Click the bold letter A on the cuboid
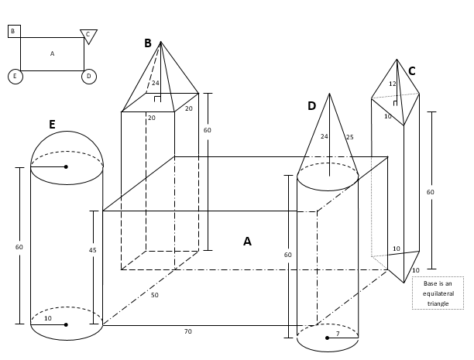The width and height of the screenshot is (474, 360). [247, 242]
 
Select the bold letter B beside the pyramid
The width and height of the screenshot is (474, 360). [148, 43]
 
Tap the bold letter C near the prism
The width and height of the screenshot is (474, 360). [411, 71]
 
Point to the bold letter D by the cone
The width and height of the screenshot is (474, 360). [311, 106]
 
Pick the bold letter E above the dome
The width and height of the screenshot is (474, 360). [52, 125]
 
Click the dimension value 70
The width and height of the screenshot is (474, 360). [187, 331]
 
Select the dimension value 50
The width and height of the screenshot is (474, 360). [155, 295]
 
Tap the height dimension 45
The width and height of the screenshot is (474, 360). [93, 250]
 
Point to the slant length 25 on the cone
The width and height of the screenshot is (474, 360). [349, 137]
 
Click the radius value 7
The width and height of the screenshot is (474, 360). [338, 334]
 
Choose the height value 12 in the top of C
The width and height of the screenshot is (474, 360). [392, 84]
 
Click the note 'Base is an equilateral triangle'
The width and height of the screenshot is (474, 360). [438, 293]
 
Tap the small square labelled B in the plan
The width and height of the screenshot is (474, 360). [13, 31]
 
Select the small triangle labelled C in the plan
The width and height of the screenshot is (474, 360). [88, 35]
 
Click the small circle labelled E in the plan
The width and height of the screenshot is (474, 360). [15, 76]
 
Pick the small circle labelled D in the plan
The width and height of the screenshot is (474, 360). [89, 76]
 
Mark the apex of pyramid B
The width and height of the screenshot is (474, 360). [160, 42]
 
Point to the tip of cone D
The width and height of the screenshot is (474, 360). [330, 94]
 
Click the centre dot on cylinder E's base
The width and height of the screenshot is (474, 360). [66, 324]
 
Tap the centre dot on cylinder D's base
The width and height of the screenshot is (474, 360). [328, 338]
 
